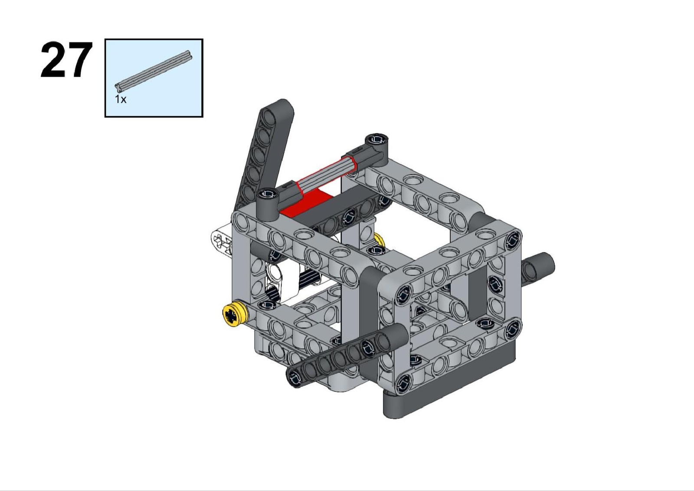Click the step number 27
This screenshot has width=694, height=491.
(66, 60)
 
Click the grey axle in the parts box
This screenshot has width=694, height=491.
(154, 71)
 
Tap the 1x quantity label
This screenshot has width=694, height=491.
(121, 99)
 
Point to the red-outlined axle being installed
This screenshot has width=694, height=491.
(327, 173)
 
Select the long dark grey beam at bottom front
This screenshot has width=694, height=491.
(347, 356)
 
